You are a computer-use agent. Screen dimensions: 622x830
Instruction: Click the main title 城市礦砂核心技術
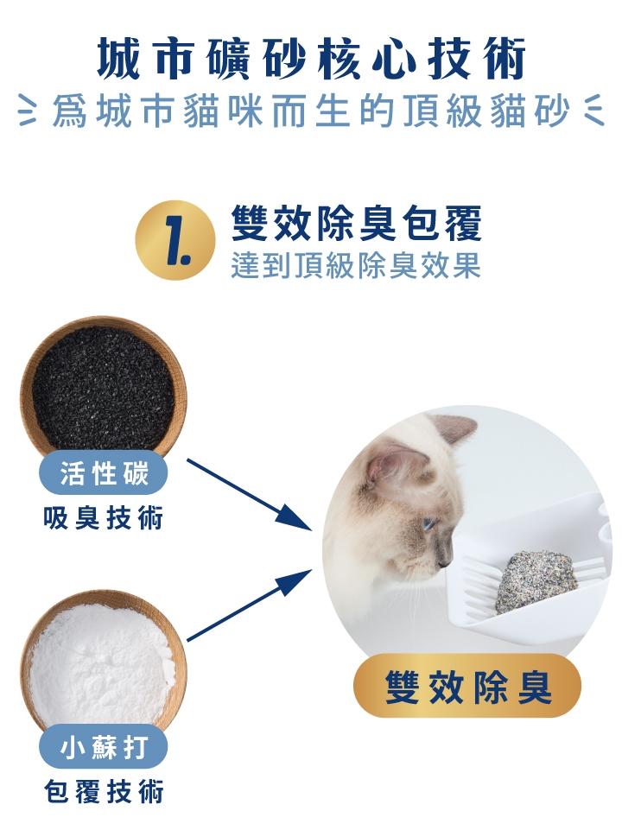(311, 58)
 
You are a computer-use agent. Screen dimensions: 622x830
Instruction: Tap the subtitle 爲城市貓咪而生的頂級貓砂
(311, 111)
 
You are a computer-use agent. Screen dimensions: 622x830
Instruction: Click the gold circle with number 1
(175, 240)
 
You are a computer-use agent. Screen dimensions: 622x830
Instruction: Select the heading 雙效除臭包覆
(356, 224)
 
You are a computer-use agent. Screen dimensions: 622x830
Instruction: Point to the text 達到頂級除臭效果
(356, 264)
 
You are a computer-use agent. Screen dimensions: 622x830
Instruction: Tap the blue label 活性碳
(103, 472)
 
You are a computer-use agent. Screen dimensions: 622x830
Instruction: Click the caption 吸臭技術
(103, 517)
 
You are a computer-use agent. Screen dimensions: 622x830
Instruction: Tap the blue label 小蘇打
(103, 746)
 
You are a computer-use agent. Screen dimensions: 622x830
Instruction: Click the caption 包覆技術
(103, 791)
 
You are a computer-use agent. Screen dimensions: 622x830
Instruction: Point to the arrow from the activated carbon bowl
(250, 494)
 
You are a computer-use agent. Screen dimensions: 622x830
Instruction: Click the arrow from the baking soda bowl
(250, 605)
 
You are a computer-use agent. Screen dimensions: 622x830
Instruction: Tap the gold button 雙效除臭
(466, 687)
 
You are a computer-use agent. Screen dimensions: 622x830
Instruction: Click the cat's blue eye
(428, 524)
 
